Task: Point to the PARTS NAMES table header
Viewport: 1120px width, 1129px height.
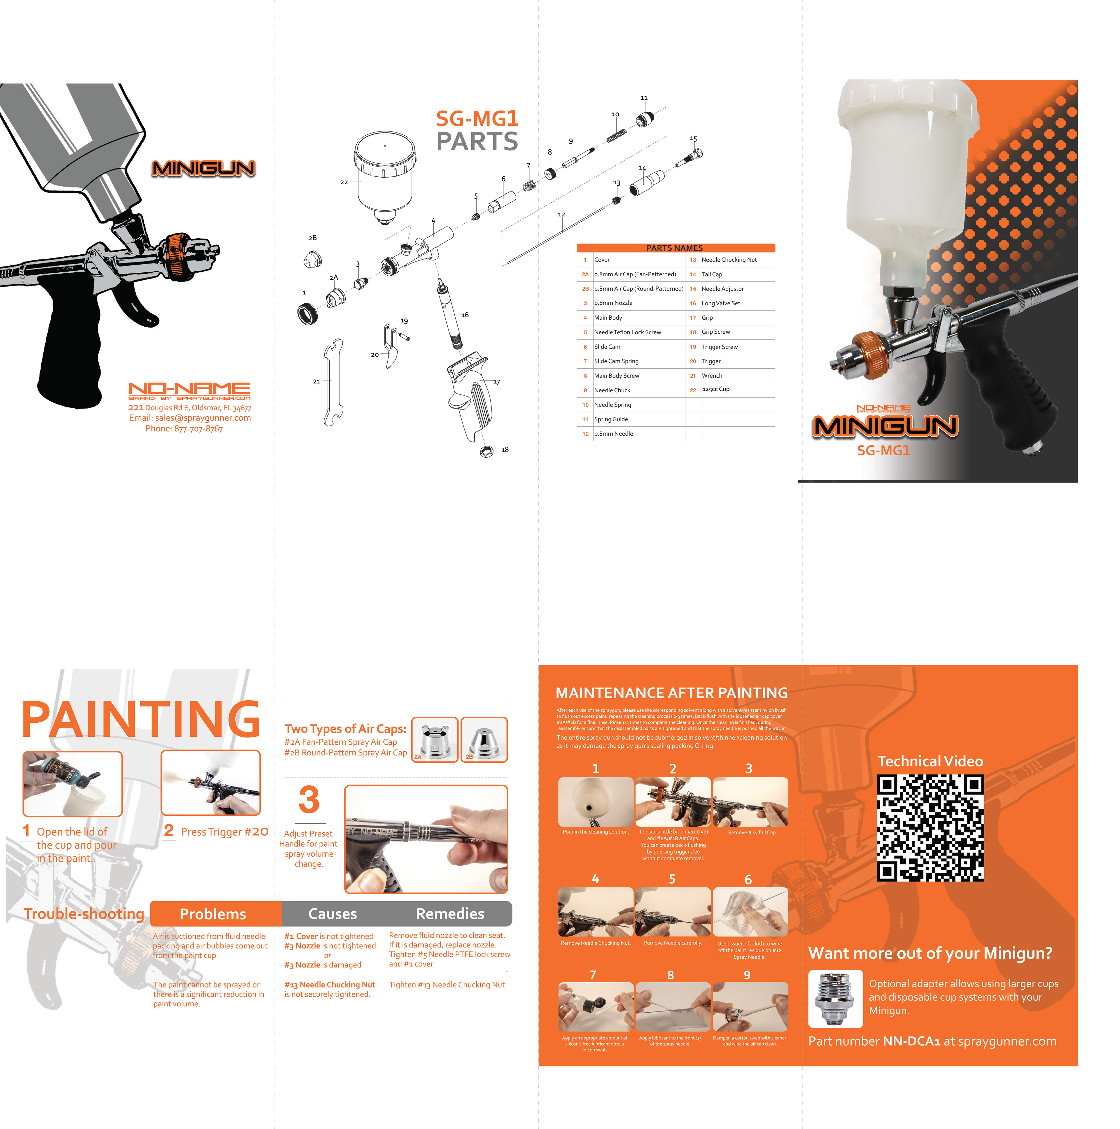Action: tap(675, 248)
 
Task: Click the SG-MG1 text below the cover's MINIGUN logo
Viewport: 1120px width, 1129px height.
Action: tap(883, 451)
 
